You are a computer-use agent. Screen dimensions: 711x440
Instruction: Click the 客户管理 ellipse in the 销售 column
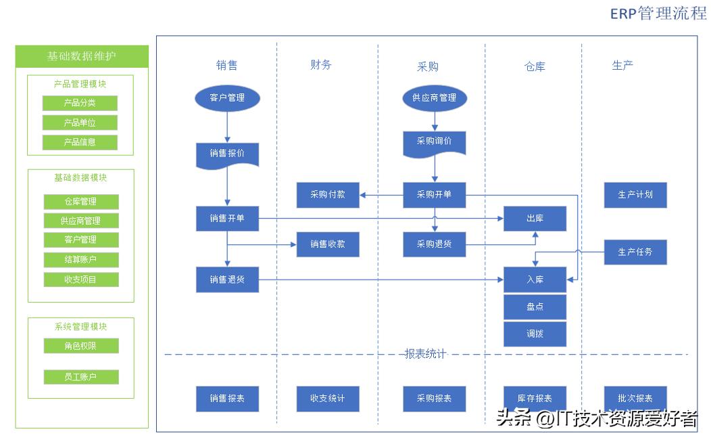coord(227,97)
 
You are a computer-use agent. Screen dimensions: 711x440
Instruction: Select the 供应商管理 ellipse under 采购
coord(435,97)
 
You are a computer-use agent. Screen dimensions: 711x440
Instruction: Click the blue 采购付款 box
coord(328,195)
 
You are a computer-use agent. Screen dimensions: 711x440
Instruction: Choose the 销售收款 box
coord(328,244)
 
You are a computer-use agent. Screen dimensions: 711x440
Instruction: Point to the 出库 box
coord(535,219)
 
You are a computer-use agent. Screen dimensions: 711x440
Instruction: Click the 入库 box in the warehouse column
coord(535,280)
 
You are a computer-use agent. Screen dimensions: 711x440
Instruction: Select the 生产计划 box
coord(635,195)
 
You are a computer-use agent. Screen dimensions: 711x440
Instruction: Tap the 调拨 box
coord(535,334)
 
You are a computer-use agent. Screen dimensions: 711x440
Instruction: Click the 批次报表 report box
coord(635,399)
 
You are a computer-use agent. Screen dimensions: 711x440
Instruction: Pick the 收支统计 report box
coord(328,399)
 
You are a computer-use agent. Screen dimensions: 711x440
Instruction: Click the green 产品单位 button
coord(80,123)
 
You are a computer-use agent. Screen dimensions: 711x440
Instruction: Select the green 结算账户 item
coord(81,260)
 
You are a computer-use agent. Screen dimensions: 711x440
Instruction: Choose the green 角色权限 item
coord(81,346)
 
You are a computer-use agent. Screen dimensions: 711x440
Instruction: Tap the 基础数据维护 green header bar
coord(82,56)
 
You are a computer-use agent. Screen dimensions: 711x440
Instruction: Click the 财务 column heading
coord(321,65)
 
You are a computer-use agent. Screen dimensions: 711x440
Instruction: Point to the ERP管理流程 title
coord(658,13)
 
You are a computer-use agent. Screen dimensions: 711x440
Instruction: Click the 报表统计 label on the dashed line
coord(425,354)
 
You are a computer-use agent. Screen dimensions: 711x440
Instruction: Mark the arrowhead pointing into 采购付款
coord(363,195)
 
